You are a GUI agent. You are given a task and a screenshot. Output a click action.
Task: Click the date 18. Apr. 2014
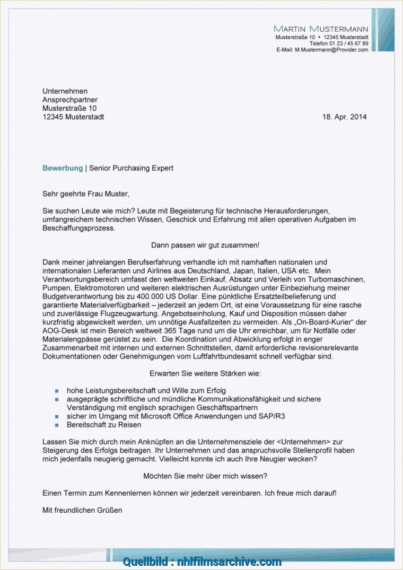coord(344,117)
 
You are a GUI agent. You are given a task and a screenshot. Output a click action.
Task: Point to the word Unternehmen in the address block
coord(65,91)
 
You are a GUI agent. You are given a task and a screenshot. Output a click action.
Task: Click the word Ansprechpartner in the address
coord(70,100)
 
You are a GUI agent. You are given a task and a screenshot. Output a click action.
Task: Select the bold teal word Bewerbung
coord(63,168)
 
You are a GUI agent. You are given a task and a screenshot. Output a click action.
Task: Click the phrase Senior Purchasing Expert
coord(131,168)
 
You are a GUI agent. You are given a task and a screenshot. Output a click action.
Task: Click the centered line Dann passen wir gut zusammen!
coord(205,245)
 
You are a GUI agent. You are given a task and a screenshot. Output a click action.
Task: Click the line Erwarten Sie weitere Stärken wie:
coord(205,374)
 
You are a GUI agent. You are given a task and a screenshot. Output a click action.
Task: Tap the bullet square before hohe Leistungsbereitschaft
coord(57,391)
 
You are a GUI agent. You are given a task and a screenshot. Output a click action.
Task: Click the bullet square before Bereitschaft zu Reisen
coord(57,425)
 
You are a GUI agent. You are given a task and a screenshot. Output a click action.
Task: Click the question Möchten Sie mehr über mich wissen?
coord(205,476)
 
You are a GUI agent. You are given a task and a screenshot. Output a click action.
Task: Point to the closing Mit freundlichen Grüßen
coord(82,510)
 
